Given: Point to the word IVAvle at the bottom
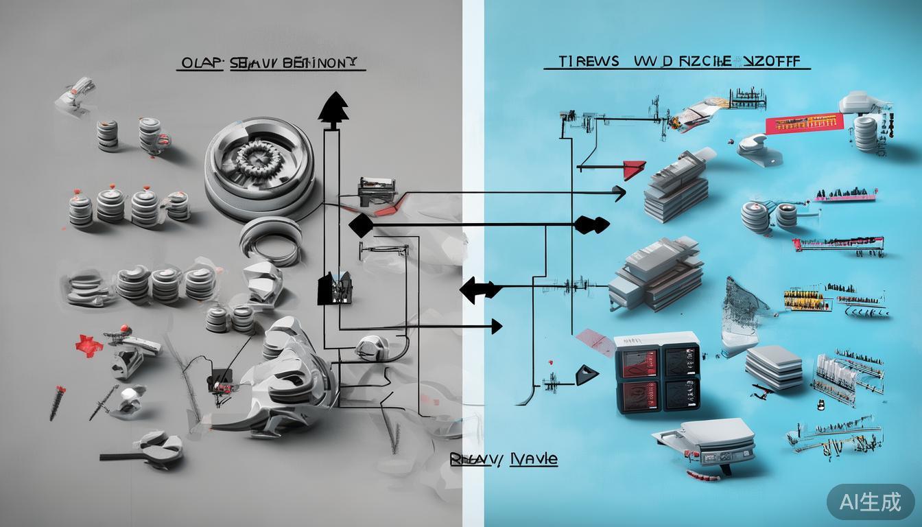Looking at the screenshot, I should (532, 460).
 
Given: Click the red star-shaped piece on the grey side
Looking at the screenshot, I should (87, 342).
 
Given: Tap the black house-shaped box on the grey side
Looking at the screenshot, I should (335, 288).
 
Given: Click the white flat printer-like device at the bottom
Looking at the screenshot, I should (702, 439).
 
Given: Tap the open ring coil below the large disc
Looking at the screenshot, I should (270, 240).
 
